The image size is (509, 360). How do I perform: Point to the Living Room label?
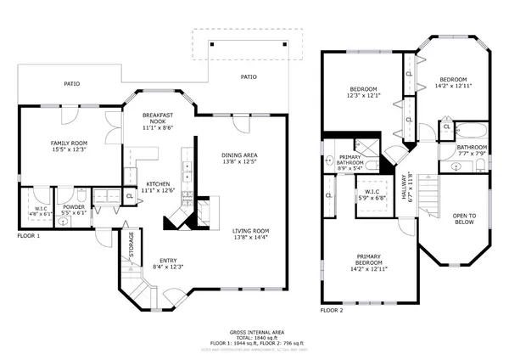(x=250, y=231)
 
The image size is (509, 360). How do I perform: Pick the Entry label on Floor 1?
(x=166, y=262)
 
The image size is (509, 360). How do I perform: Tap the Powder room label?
(x=74, y=206)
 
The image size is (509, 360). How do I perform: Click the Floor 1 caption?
(x=28, y=235)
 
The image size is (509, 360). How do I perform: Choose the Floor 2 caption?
(x=332, y=311)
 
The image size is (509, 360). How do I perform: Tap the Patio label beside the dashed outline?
(x=249, y=77)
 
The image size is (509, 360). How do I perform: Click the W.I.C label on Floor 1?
(x=42, y=206)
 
